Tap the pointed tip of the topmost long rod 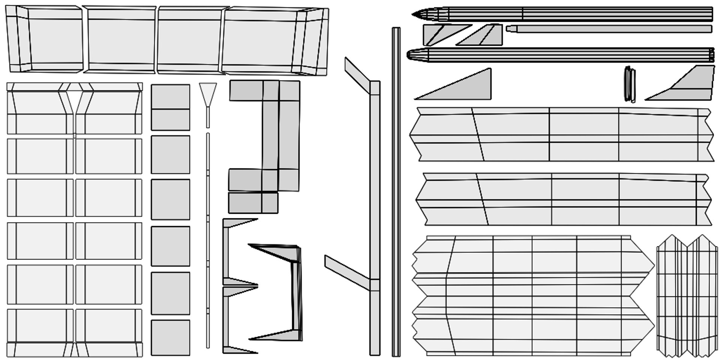[x=415, y=15]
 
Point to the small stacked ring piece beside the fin [x=630, y=84]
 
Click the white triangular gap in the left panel [x=74, y=99]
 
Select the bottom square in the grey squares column [x=170, y=337]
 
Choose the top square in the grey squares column [x=170, y=107]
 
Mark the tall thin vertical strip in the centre [x=396, y=191]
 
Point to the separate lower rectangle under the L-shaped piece [x=253, y=203]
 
